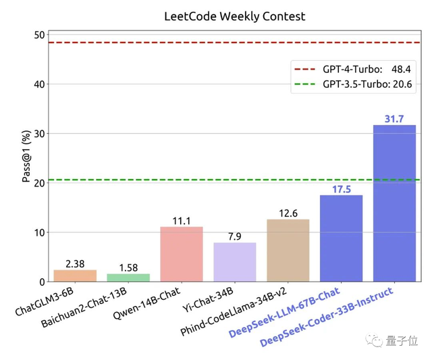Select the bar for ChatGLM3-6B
[75, 276]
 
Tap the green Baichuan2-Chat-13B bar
[128, 278]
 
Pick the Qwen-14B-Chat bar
[182, 254]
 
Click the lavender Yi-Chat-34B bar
[235, 262]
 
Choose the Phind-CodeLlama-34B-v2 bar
[288, 251]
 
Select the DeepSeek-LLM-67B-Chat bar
[341, 238]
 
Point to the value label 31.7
[394, 119]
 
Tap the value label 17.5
[341, 189]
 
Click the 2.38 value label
[75, 263]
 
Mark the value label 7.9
[235, 236]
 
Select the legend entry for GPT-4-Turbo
[351, 70]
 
